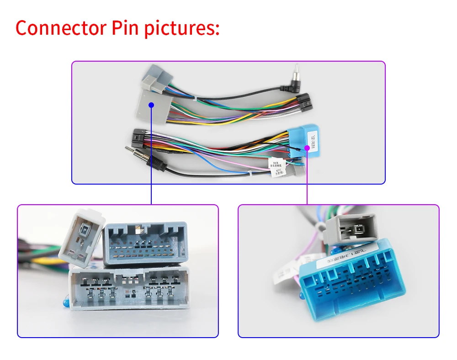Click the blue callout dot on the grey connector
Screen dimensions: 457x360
point(151,105)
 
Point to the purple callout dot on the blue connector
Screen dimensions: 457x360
point(307,147)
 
